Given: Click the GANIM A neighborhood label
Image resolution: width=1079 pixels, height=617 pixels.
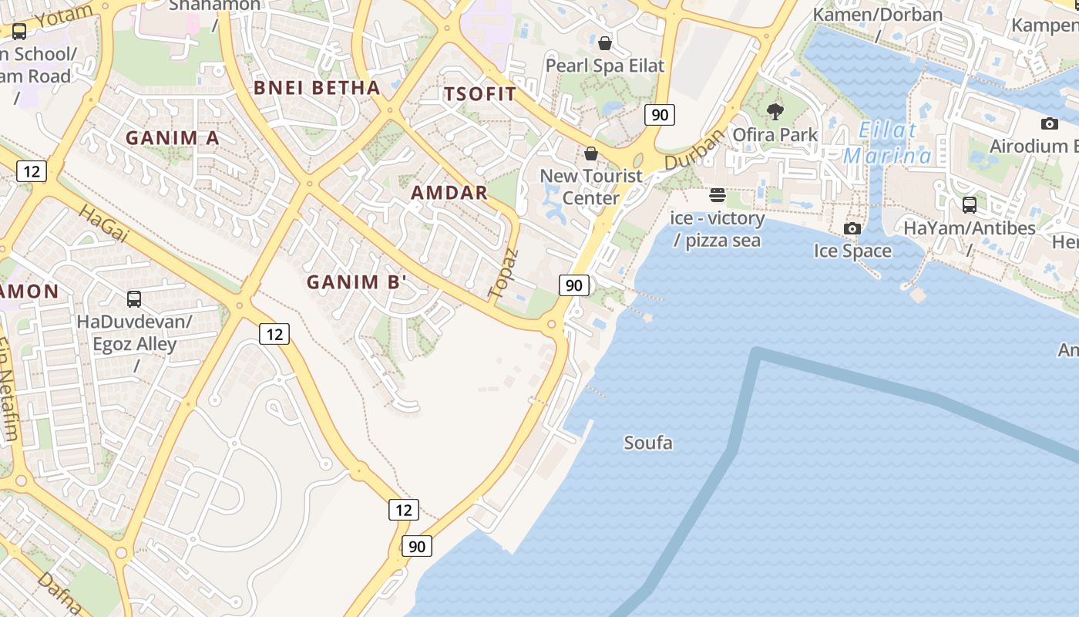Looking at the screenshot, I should [173, 138].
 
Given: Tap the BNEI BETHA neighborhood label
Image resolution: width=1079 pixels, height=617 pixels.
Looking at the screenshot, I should [317, 88].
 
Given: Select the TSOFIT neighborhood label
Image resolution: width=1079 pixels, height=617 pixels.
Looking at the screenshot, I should [480, 95].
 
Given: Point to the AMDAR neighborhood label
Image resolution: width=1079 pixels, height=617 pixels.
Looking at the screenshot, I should [449, 193].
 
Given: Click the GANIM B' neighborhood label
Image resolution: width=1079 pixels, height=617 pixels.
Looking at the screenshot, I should [356, 282].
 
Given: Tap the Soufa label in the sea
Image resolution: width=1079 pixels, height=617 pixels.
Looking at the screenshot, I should [647, 443].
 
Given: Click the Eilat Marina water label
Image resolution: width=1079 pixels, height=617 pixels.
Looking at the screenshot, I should [887, 143].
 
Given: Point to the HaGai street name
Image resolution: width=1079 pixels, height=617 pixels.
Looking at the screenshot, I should [103, 224].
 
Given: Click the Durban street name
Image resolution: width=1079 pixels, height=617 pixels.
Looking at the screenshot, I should [694, 150].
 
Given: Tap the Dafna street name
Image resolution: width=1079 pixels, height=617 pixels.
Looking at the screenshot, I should [59, 592].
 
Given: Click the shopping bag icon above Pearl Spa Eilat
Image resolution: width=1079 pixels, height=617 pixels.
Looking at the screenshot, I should [605, 43].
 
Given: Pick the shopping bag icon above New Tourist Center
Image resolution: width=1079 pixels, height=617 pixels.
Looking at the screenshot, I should [591, 153].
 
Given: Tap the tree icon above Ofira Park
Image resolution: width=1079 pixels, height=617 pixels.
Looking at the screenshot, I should [775, 113].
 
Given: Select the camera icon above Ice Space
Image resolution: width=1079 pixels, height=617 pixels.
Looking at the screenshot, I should [852, 228].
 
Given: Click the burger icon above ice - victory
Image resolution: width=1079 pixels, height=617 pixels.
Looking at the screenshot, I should [718, 195].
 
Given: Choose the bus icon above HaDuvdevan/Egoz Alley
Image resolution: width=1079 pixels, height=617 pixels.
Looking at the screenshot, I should [134, 299].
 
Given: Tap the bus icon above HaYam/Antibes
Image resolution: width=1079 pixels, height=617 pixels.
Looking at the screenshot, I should [970, 205].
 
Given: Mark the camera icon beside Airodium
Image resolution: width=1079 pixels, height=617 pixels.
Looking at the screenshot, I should [1049, 123].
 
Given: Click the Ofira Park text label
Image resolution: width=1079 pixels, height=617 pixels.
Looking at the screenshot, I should [775, 135].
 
